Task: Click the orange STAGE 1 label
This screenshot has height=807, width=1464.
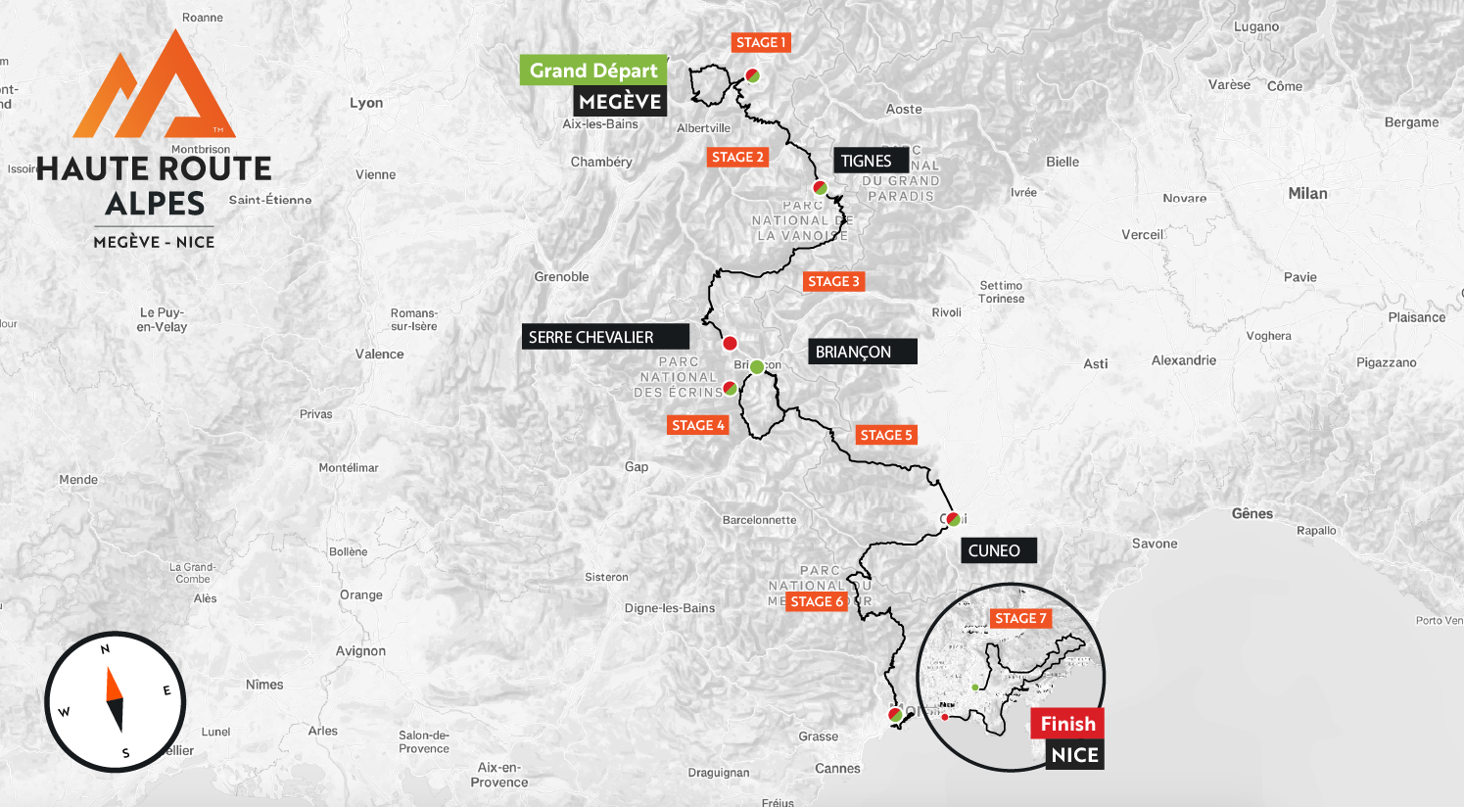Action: (761, 42)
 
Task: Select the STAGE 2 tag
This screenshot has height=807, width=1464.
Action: (737, 157)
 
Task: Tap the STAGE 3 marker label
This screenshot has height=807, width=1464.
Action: (833, 281)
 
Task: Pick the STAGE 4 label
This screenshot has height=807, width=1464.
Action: (698, 425)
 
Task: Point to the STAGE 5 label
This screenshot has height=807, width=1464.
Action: (886, 435)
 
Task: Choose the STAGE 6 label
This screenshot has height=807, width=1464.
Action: (817, 601)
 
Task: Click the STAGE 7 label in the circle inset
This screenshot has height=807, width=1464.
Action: (1021, 618)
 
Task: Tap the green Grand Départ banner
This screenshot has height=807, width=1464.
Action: (593, 71)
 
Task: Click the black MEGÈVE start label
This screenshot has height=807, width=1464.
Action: (620, 102)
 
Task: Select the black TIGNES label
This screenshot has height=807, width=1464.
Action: (867, 161)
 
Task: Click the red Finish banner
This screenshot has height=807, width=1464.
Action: (1067, 724)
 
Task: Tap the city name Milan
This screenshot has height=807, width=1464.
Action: (1307, 193)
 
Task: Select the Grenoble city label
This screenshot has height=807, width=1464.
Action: (561, 277)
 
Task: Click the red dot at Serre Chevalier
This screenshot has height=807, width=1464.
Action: (730, 343)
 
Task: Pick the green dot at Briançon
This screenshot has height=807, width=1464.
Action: (756, 366)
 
